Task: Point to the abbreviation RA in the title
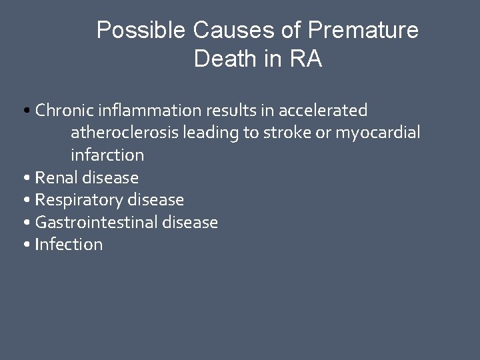coord(307,59)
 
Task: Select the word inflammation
coord(138,110)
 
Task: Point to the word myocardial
coord(377,133)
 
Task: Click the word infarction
coord(107,155)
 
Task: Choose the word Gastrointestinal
coord(97,223)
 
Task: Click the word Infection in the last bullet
coord(69,245)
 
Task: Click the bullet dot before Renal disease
coord(25,179)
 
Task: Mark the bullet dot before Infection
coord(25,245)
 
